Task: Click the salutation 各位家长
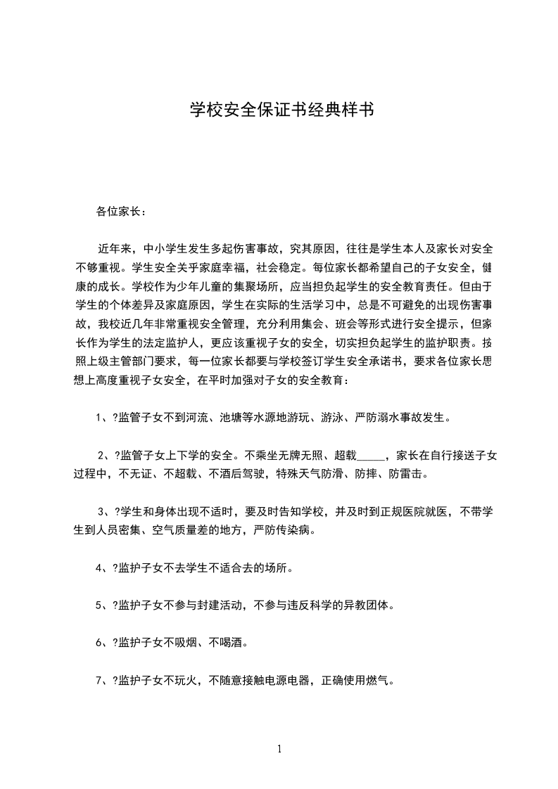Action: [119, 211]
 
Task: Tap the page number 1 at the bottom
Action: [279, 749]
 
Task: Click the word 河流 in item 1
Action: [197, 417]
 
